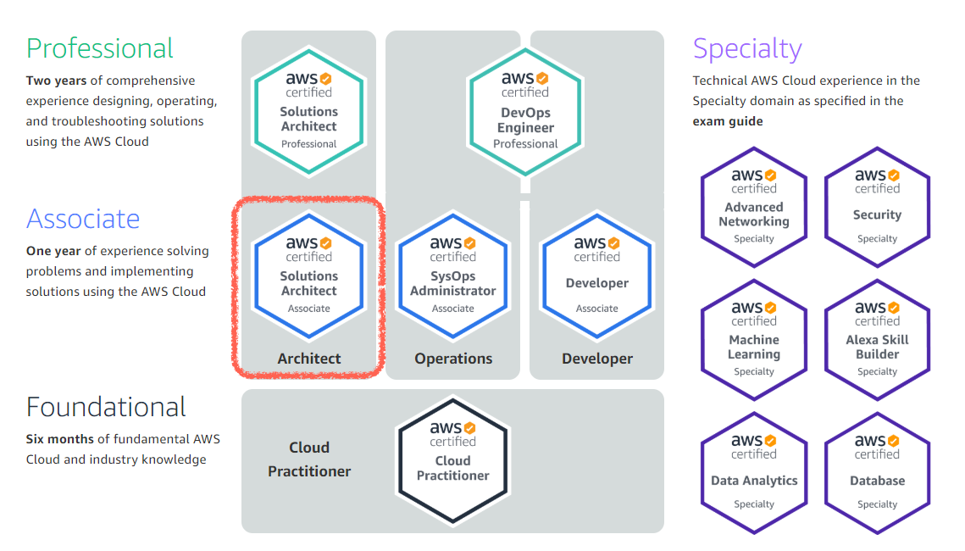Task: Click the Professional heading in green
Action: click(x=100, y=48)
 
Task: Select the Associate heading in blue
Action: click(x=83, y=219)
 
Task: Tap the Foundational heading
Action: click(x=106, y=408)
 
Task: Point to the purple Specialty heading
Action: click(x=747, y=48)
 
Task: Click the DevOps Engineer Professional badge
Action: click(x=525, y=109)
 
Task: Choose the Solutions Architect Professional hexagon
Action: click(x=309, y=109)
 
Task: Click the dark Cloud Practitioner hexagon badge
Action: click(x=453, y=459)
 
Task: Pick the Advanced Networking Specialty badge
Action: click(x=754, y=207)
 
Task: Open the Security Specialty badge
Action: click(x=877, y=207)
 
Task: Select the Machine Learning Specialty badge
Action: click(x=754, y=339)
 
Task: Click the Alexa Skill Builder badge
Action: click(x=877, y=339)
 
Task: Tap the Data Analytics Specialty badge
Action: click(x=754, y=472)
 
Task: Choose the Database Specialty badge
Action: click(x=877, y=472)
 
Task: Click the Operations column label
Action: click(x=453, y=359)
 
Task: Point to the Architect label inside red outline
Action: click(x=309, y=359)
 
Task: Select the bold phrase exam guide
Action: click(x=728, y=121)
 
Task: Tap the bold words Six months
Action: click(x=59, y=439)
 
